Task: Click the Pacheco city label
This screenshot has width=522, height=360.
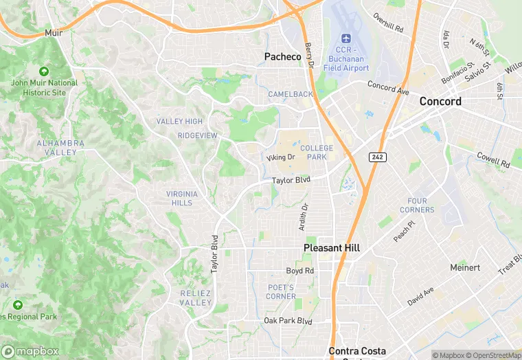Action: click(282, 57)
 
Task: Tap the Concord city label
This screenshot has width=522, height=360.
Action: click(440, 101)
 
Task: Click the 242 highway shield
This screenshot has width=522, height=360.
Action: click(377, 157)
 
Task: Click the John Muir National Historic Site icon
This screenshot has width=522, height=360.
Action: click(44, 71)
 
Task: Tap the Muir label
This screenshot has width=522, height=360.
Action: click(53, 32)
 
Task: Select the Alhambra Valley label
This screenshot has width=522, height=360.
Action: click(60, 148)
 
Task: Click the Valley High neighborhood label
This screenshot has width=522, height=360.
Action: click(179, 122)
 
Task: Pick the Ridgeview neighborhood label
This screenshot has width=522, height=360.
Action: click(197, 135)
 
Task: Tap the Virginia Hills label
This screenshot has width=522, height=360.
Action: click(182, 199)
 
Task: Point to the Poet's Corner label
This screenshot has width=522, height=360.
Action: click(281, 292)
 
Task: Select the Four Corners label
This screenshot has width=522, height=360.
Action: click(416, 205)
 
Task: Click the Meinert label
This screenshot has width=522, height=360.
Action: click(465, 267)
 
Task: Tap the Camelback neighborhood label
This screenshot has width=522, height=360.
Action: click(290, 94)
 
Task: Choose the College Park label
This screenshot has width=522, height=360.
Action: click(316, 153)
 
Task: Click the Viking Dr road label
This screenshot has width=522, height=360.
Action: click(280, 157)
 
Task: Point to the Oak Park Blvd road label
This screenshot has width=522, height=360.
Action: click(288, 321)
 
